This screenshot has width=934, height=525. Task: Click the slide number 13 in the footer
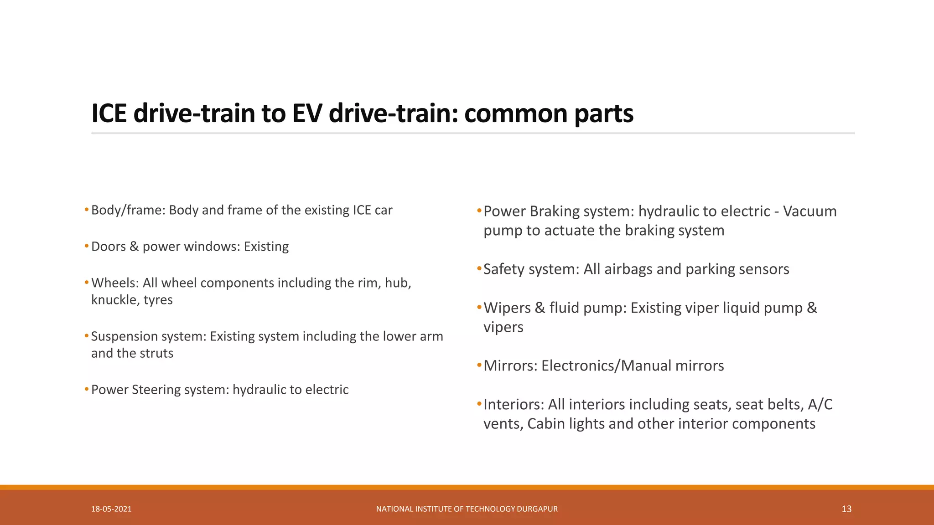[846, 509]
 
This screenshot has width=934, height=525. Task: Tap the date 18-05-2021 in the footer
[111, 509]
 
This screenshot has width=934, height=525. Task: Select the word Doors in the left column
[108, 247]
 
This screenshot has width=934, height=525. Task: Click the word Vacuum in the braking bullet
[809, 211]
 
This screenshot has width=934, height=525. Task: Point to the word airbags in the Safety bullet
[628, 269]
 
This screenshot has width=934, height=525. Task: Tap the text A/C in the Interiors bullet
[820, 405]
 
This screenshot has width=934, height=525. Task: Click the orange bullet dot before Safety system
[479, 268]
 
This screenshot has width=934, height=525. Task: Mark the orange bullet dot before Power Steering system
[87, 389]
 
